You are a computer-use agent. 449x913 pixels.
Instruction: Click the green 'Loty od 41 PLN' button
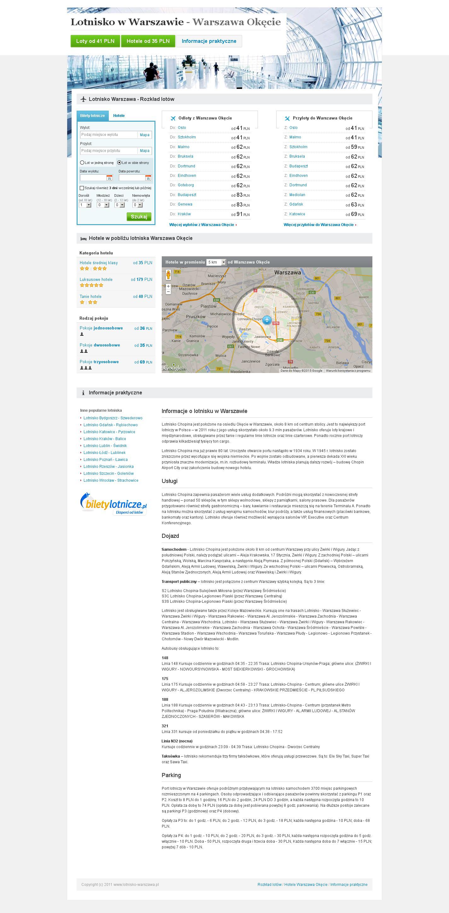tap(95, 41)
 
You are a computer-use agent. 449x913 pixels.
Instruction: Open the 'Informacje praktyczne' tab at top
tap(209, 41)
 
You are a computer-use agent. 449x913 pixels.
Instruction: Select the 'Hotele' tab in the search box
tap(119, 115)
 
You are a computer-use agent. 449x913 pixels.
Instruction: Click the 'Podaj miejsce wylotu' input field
tap(108, 135)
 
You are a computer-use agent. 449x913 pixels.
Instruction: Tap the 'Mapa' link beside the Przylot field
tap(145, 151)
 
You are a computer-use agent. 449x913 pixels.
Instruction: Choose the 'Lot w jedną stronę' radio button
tap(82, 163)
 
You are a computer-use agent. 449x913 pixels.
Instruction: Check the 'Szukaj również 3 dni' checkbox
tap(82, 188)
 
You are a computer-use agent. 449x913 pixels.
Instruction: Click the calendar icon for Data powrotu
tap(148, 178)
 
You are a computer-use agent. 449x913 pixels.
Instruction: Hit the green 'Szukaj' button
tap(139, 217)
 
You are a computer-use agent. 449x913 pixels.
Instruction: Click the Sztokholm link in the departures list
tap(187, 137)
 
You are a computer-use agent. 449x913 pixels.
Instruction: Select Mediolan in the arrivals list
tap(297, 195)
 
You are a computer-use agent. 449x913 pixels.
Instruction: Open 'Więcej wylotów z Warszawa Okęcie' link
tap(202, 225)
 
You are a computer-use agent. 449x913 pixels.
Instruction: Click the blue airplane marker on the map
tap(267, 320)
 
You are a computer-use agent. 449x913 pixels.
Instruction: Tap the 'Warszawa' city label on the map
tap(287, 273)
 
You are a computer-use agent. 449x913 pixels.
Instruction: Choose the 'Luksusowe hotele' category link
tap(96, 279)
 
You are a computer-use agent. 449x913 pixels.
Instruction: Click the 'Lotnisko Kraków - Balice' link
tap(105, 439)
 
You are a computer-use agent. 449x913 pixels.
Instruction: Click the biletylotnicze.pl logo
tap(114, 503)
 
